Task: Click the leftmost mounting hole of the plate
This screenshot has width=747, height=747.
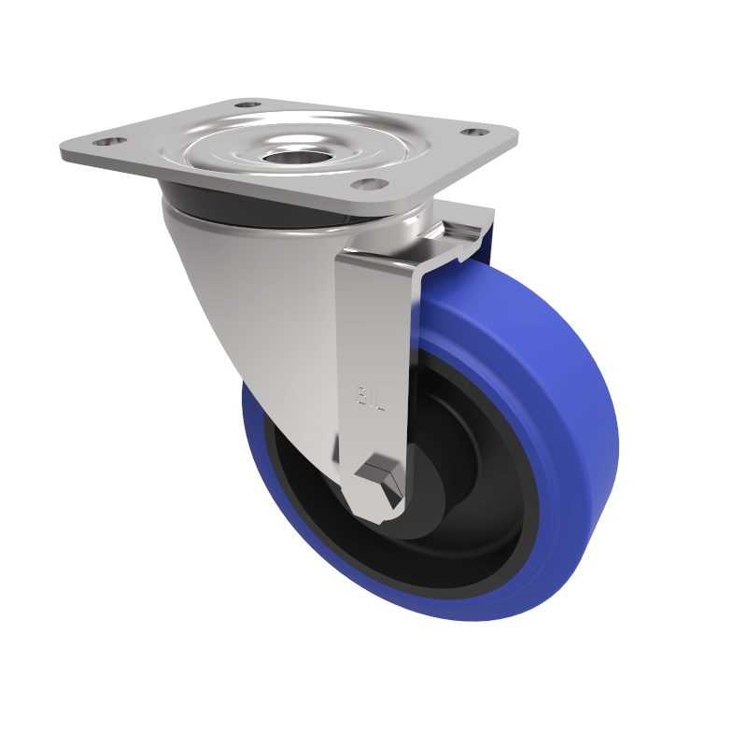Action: [110, 142]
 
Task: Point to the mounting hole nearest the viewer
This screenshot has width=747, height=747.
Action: [370, 184]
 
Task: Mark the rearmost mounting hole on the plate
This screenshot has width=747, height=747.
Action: [247, 105]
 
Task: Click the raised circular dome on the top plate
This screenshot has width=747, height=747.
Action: [299, 149]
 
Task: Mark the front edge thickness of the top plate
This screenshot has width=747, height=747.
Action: [233, 182]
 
